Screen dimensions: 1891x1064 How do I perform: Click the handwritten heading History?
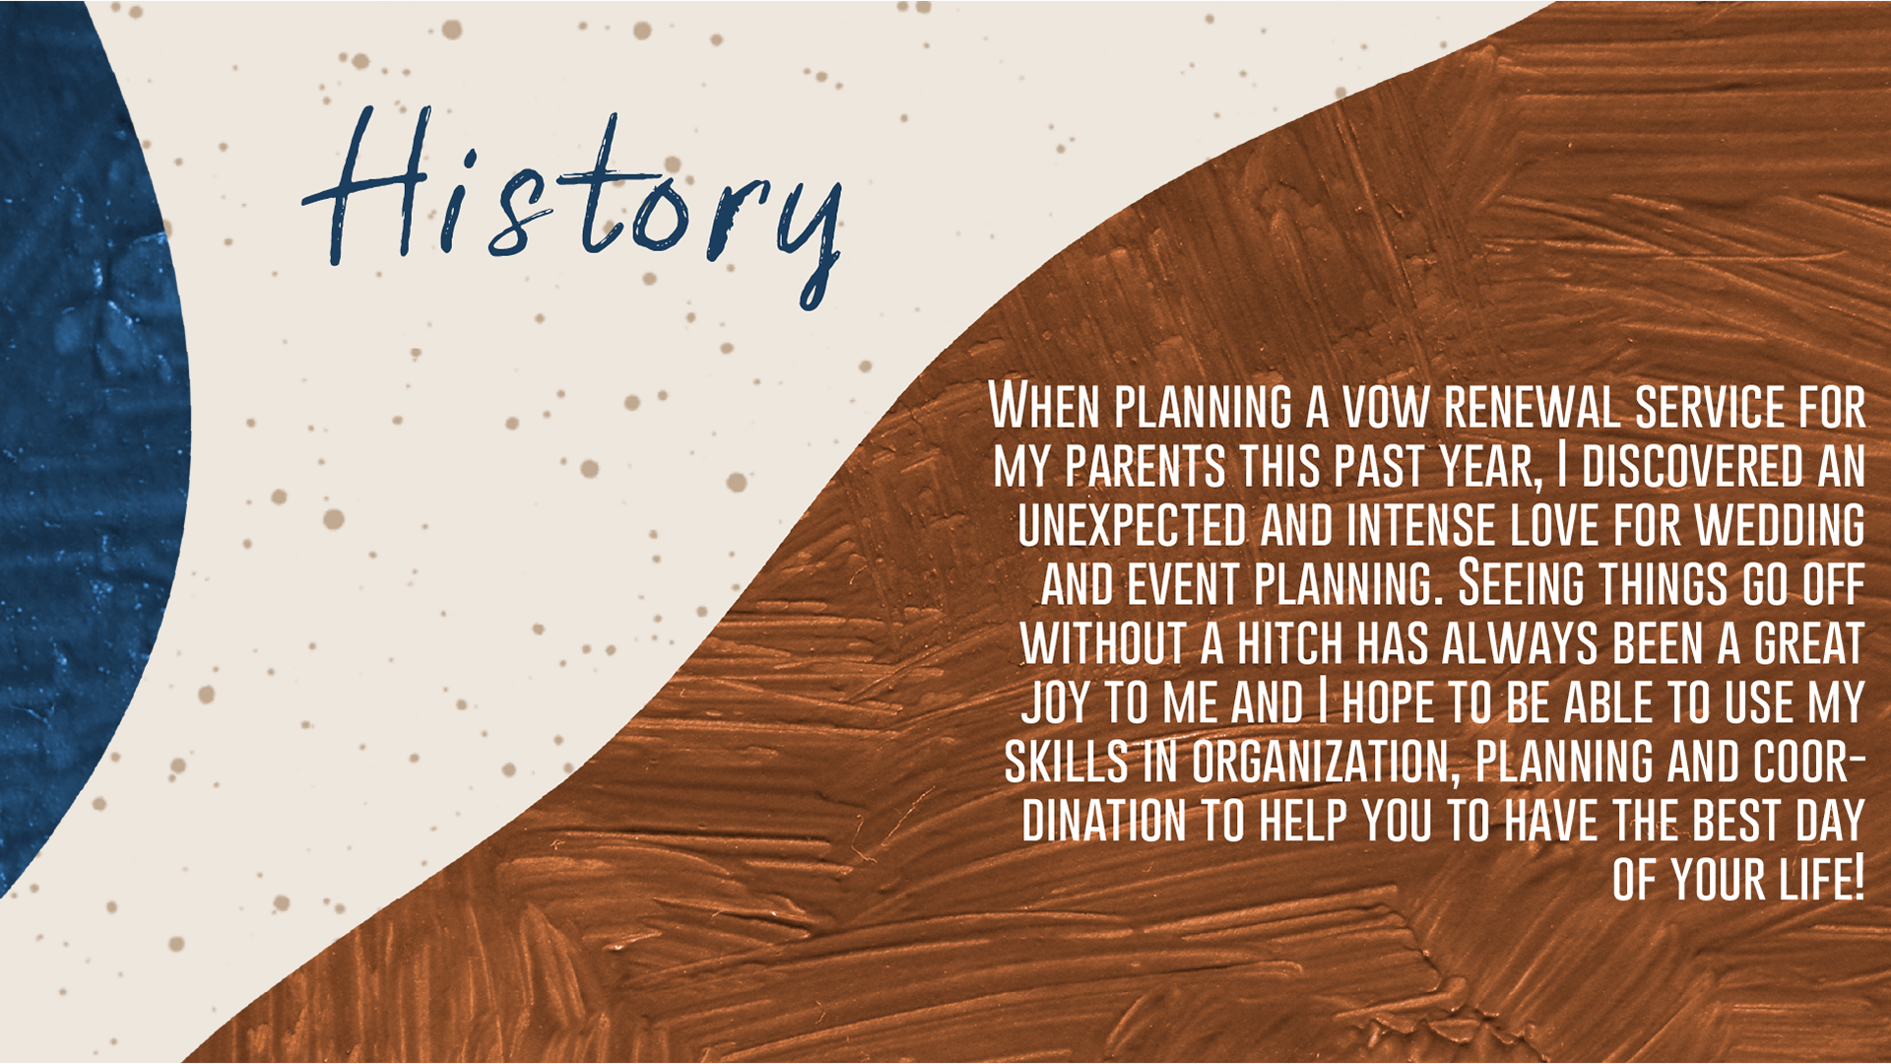(x=572, y=207)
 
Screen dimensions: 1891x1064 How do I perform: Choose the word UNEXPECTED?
(x=1133, y=524)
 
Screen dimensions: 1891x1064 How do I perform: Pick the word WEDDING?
(x=1780, y=524)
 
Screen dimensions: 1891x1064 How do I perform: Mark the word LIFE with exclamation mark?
(x=1823, y=880)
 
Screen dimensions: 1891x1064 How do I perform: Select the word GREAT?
(x=1809, y=643)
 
